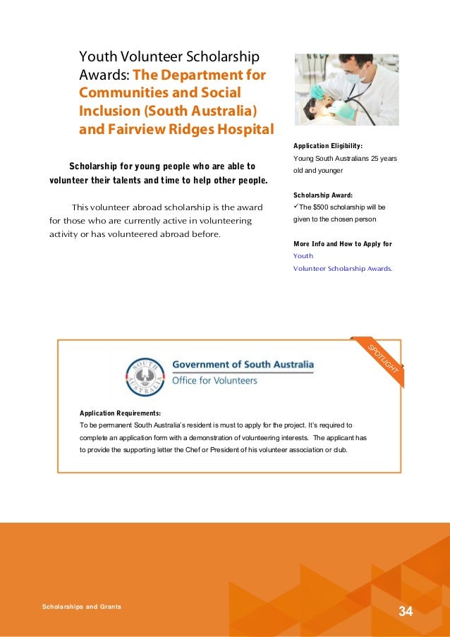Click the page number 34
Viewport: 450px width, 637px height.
(x=405, y=610)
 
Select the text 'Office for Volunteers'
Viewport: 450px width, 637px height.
(x=215, y=380)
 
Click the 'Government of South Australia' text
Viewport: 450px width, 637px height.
(x=243, y=365)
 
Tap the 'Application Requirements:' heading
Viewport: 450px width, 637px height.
(x=120, y=413)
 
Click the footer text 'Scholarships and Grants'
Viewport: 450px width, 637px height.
(x=81, y=606)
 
